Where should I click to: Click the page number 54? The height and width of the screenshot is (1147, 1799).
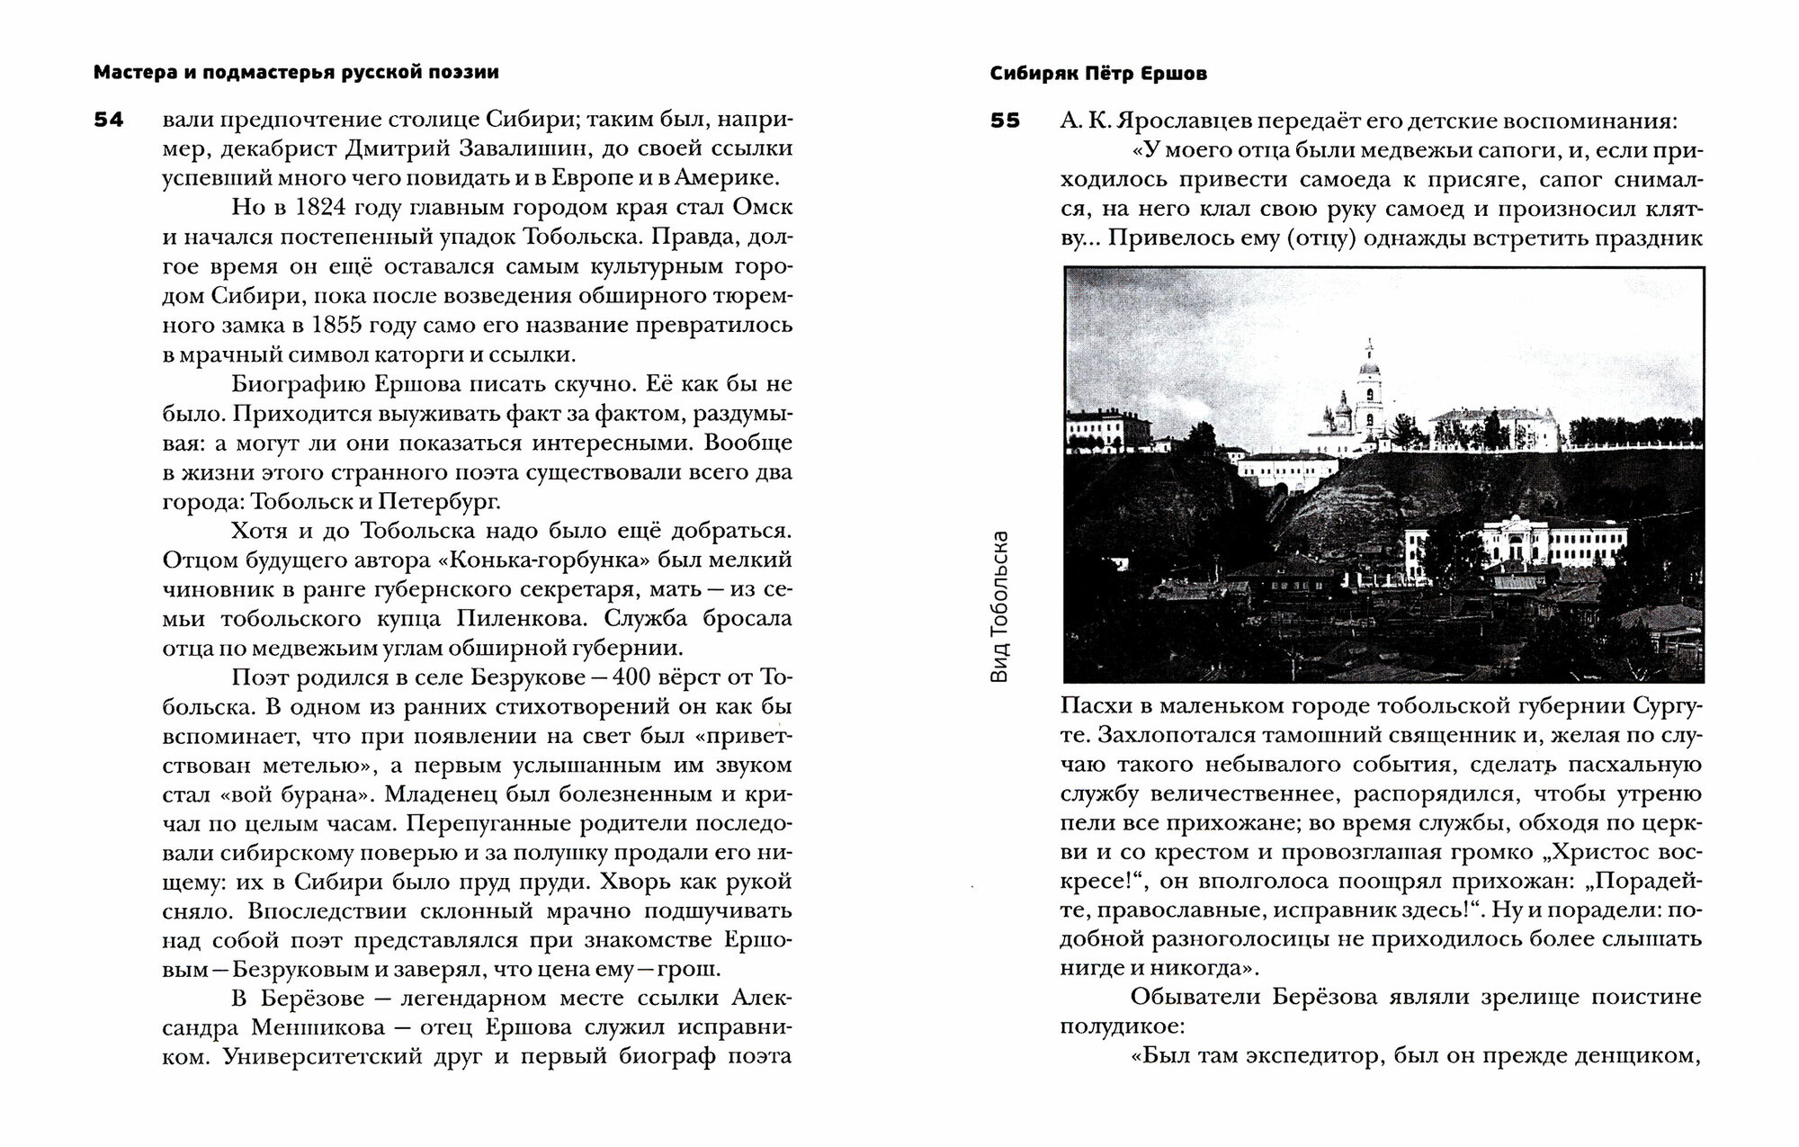[109, 120]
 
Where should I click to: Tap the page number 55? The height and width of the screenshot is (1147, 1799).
[1006, 120]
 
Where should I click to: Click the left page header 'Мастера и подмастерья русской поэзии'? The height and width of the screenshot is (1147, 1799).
[296, 73]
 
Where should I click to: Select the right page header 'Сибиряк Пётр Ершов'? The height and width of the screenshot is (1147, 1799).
[1098, 75]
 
